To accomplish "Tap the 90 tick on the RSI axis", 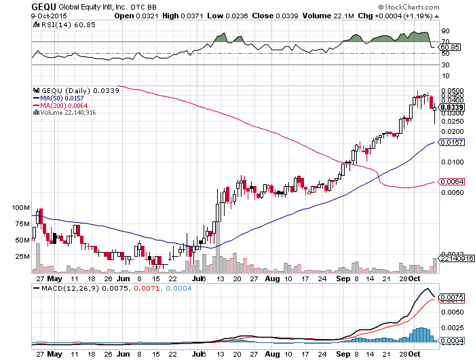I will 445,31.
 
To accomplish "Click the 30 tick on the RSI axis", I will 445,65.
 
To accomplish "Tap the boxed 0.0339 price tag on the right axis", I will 451,107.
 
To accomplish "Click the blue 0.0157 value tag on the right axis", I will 451,143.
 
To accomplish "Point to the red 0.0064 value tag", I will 451,181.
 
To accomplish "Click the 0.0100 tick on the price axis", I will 451,162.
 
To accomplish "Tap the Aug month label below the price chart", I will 272,278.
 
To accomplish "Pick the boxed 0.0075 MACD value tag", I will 451,298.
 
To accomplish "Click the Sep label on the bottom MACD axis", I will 345,353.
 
